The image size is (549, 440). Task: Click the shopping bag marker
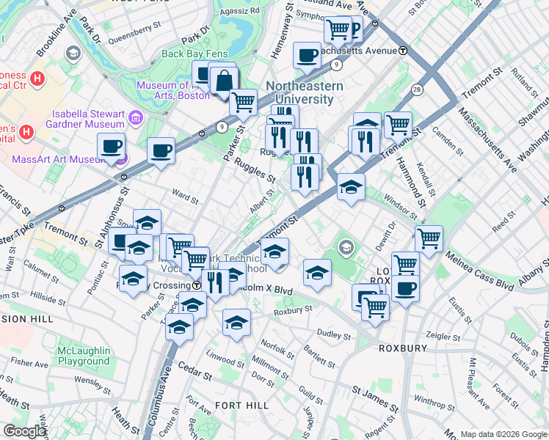(x=224, y=81)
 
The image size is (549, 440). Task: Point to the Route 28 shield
(x=417, y=89)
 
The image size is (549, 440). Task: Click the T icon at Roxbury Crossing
(x=197, y=285)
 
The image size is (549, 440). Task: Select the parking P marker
(x=355, y=30)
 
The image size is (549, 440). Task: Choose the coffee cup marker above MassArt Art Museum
(x=111, y=147)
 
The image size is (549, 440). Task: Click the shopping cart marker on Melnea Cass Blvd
(x=429, y=238)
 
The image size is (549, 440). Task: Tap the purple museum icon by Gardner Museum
(x=135, y=117)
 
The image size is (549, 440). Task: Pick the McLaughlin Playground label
(x=84, y=356)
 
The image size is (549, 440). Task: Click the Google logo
(x=24, y=431)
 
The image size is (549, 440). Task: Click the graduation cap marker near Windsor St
(x=352, y=186)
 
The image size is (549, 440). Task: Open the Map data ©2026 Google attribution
(x=503, y=433)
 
